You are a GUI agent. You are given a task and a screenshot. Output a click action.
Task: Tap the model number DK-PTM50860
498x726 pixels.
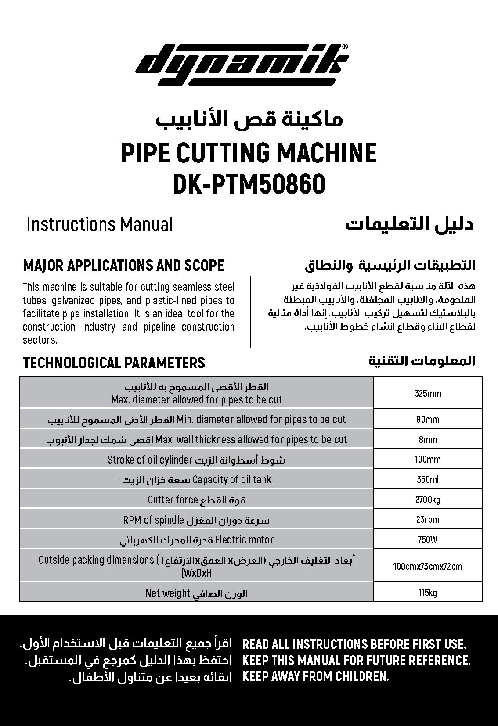[249, 184]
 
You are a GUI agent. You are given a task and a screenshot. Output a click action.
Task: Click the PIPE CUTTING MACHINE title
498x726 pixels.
[249, 153]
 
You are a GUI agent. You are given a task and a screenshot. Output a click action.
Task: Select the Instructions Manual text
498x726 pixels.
[100, 224]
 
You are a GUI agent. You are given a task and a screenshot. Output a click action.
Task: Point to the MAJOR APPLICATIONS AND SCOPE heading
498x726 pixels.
[123, 266]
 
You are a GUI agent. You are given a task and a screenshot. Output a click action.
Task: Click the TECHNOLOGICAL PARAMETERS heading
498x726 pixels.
[114, 363]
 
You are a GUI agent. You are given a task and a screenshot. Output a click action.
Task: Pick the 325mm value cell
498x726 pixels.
[428, 393]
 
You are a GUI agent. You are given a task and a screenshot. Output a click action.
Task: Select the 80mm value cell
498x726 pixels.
[428, 419]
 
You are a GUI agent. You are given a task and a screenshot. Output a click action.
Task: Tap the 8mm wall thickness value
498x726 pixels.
[428, 439]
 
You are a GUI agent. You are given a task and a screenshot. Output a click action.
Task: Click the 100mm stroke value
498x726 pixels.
[428, 460]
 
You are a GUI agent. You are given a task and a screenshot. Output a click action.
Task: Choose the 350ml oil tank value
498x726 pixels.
[428, 479]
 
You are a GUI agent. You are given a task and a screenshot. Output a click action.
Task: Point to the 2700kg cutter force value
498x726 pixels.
[428, 500]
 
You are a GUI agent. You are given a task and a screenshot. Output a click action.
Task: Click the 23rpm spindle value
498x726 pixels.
[428, 520]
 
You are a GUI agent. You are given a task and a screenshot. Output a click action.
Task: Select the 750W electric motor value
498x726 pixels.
[428, 539]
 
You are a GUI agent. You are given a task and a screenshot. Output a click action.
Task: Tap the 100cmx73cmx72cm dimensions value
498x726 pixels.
[428, 566]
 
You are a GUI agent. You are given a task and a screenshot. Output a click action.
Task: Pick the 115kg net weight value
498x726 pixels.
[428, 593]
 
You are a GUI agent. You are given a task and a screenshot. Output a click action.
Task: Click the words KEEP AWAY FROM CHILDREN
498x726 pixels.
[315, 676]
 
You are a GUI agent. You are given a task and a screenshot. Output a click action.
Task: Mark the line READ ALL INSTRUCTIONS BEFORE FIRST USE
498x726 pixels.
[354, 644]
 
